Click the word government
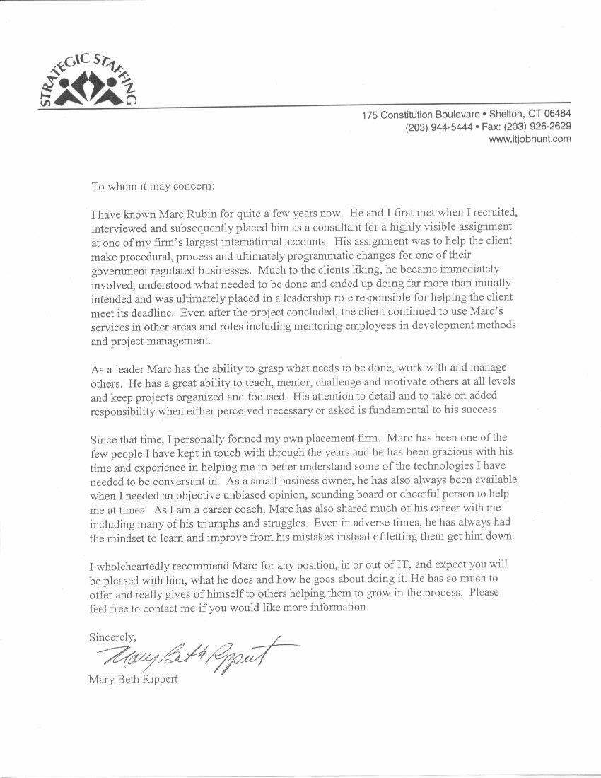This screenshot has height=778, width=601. coord(123,270)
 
